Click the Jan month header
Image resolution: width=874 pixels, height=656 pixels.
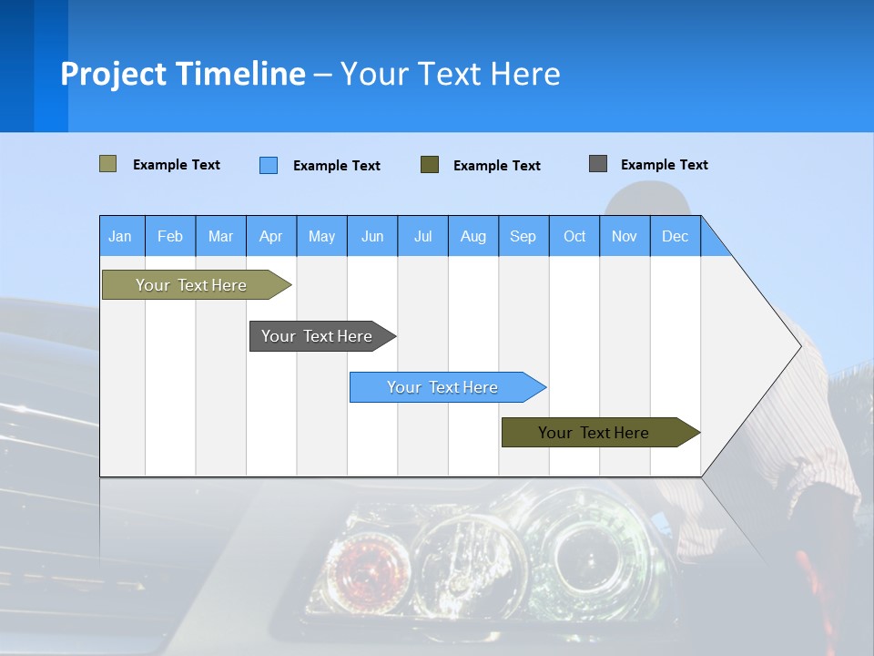121,237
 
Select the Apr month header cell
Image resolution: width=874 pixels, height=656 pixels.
271,237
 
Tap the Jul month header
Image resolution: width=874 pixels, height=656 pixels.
422,237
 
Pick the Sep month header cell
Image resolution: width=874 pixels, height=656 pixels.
523,237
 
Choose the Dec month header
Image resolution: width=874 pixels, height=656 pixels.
675,237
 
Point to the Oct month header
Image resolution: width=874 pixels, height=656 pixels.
574,237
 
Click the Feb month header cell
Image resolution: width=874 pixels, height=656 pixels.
170,237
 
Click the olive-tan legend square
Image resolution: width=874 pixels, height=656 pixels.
108,164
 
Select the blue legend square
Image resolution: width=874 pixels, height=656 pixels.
269,165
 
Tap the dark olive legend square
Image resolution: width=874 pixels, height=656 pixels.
430,165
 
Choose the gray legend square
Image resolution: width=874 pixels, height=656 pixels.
598,164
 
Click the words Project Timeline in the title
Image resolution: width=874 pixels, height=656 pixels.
183,74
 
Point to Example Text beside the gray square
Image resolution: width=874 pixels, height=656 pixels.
664,165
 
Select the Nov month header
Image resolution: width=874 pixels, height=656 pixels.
625,237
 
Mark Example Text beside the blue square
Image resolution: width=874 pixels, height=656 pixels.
336,166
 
